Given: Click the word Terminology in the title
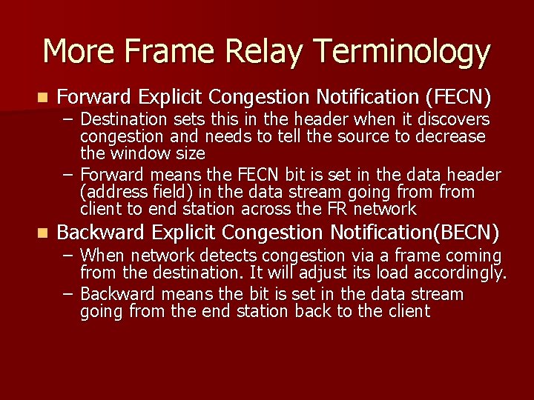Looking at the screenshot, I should tap(401, 53).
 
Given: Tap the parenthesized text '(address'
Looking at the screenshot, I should tap(110, 192).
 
